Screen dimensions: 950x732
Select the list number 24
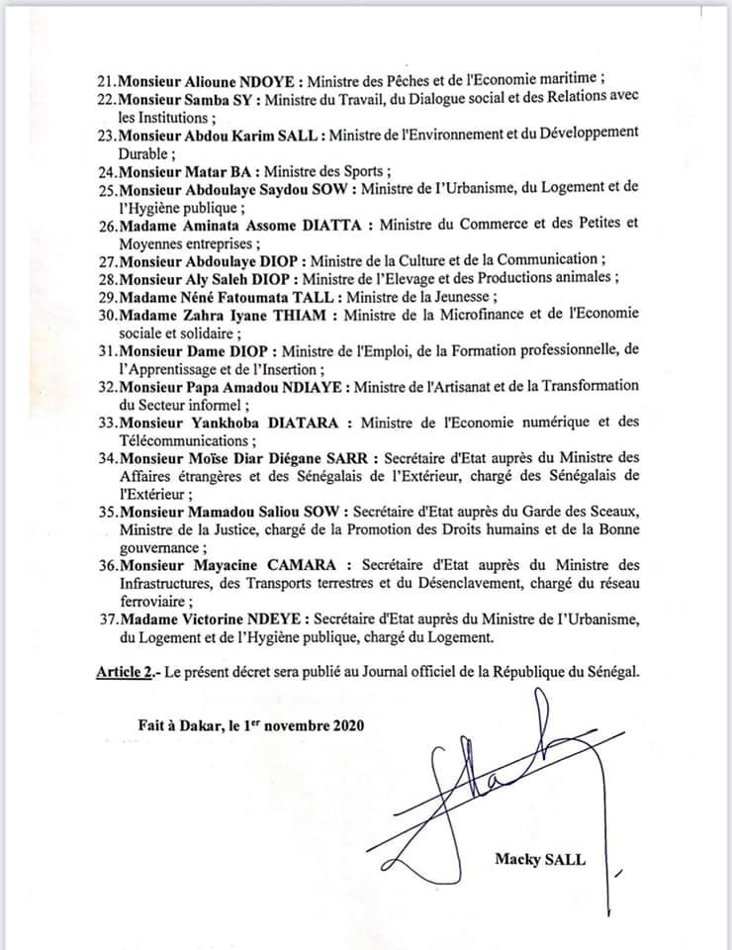point(105,169)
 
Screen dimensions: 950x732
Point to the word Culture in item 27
point(428,260)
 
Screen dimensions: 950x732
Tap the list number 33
point(105,423)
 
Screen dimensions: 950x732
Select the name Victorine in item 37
point(220,618)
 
